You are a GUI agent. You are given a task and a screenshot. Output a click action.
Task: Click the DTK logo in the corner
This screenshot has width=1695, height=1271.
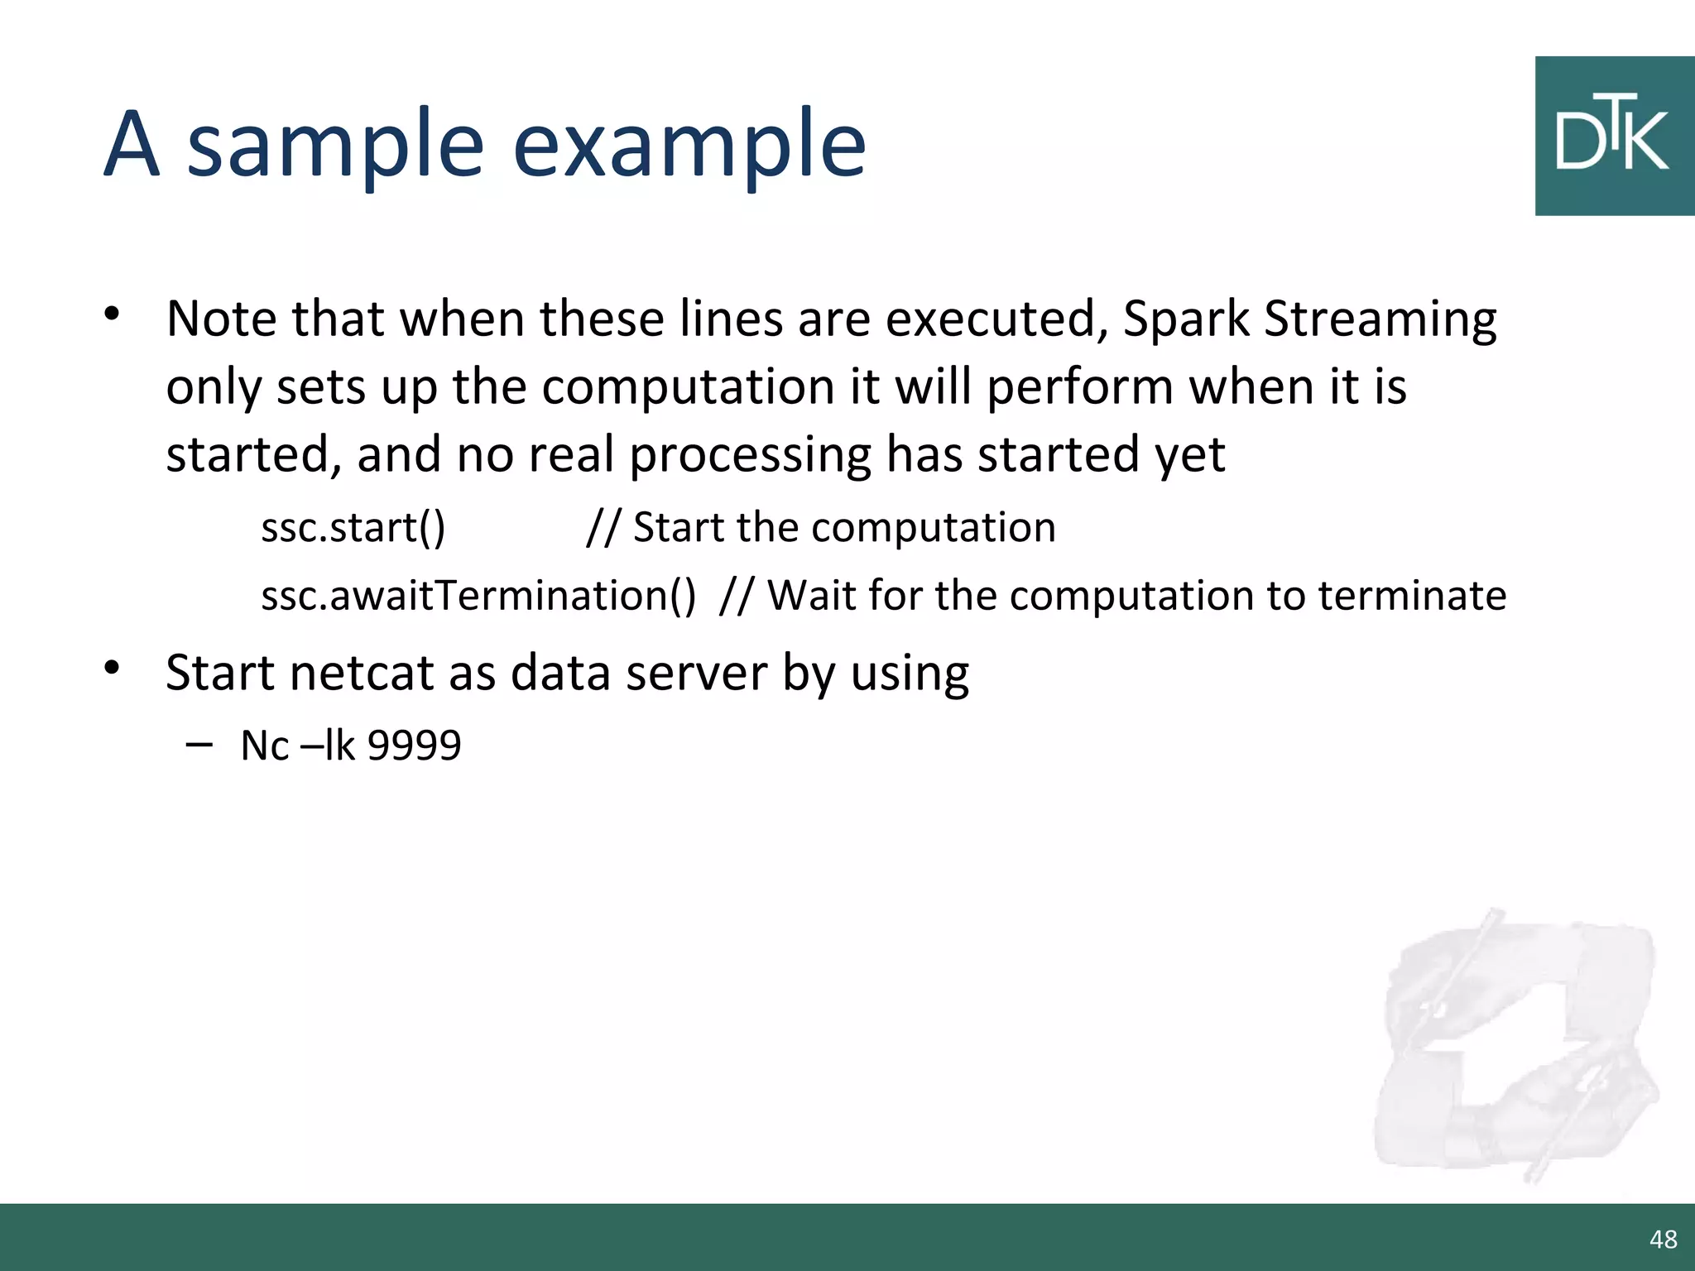tap(1614, 137)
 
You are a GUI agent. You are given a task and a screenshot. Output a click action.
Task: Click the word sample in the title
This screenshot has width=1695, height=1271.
tap(335, 147)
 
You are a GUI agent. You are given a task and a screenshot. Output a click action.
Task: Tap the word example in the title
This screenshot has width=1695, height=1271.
tap(689, 147)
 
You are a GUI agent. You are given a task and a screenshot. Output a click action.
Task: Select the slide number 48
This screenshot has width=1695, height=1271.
tap(1663, 1239)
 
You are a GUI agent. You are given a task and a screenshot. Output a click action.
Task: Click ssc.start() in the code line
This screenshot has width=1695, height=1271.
tap(353, 528)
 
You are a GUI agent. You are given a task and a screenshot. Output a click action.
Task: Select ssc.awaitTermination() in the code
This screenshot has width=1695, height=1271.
tap(478, 596)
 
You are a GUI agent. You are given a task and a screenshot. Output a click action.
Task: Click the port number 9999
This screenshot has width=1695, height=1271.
tap(414, 746)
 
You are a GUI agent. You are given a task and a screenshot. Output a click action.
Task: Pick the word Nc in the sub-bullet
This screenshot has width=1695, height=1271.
tap(264, 746)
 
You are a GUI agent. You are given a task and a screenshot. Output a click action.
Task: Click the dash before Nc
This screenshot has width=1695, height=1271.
tap(199, 744)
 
